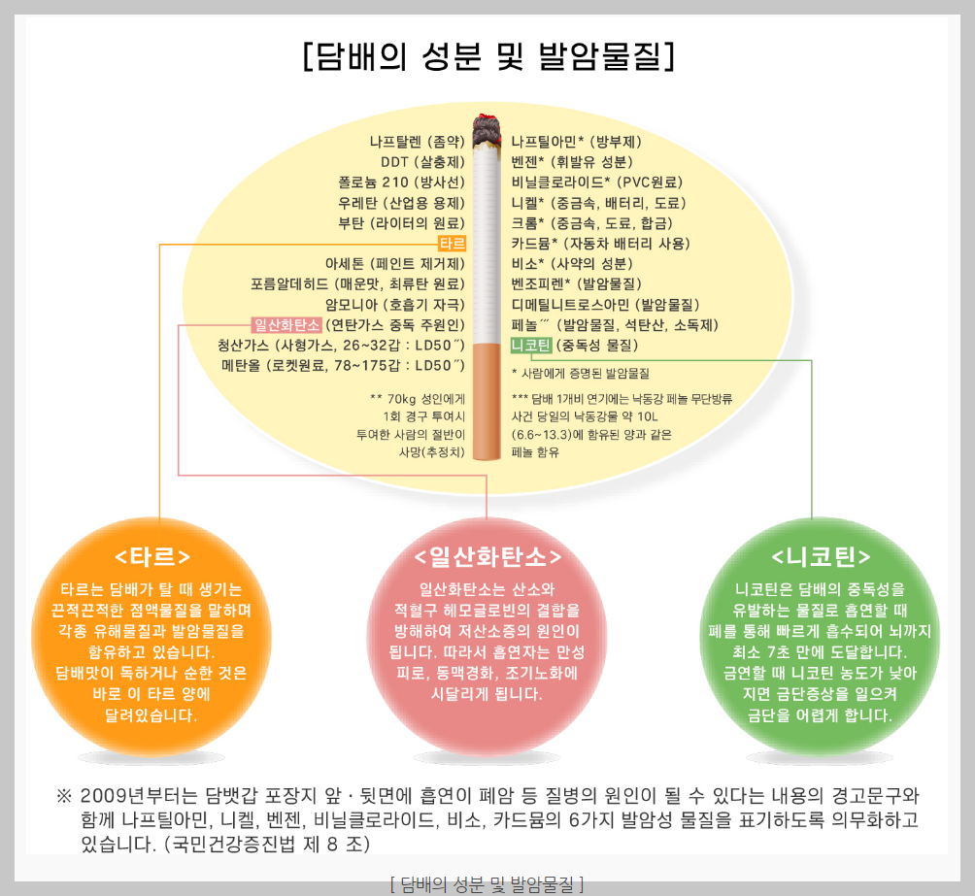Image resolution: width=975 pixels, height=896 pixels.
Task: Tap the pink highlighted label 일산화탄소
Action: (x=286, y=324)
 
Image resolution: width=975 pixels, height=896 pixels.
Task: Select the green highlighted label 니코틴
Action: (x=530, y=345)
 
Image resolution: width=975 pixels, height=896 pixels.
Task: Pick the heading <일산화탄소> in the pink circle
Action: (x=487, y=556)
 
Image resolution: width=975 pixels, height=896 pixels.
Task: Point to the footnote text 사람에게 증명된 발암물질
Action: (x=586, y=373)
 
